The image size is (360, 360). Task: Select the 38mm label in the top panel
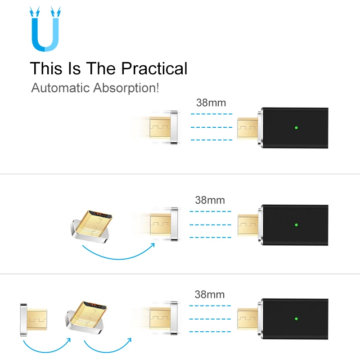point(211,102)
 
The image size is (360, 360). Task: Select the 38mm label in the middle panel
point(210,200)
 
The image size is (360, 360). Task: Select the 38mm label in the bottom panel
point(209,295)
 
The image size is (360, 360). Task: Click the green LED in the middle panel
point(296,224)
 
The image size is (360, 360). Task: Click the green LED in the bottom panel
point(296,319)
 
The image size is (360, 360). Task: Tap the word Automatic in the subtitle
point(60,87)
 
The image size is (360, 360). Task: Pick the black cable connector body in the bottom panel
point(295,319)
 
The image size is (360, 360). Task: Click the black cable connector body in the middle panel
point(295,224)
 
